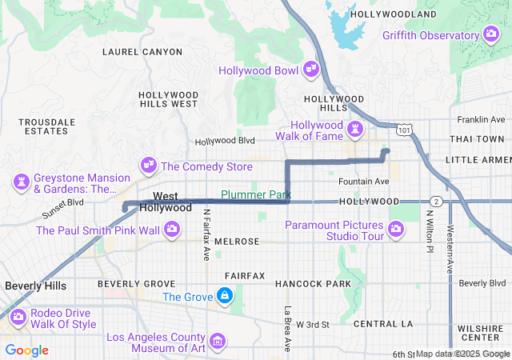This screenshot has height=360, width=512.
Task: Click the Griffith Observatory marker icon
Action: tap(491, 34)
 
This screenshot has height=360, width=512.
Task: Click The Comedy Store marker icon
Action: tap(148, 165)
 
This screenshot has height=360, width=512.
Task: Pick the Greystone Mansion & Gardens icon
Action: tap(21, 182)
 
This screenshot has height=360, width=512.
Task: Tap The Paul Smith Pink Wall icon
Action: tap(171, 230)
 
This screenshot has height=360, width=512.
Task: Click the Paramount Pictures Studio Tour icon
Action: tap(394, 230)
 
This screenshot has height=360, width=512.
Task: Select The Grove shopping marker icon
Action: tap(226, 297)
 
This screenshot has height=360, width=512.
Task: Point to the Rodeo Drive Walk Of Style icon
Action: tap(17, 318)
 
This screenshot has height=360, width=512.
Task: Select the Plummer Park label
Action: tap(255, 194)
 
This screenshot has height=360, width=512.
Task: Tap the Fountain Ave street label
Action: tap(363, 181)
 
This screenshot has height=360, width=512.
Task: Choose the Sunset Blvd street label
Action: tap(63, 214)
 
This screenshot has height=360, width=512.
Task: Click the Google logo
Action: tap(26, 350)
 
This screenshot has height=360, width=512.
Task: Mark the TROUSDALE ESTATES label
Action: tap(47, 126)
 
